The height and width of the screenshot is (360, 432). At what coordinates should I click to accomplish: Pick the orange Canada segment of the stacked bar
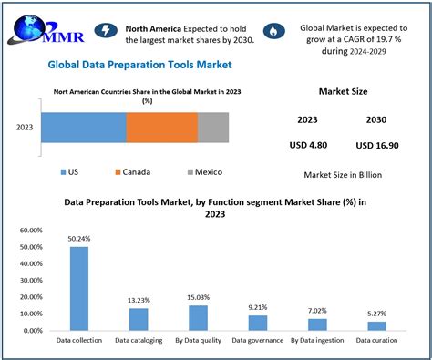(x=161, y=128)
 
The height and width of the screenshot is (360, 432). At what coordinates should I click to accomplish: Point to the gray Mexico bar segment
(x=212, y=128)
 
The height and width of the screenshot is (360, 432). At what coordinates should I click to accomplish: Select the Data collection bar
(x=79, y=287)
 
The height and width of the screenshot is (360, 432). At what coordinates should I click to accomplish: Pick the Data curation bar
(x=376, y=325)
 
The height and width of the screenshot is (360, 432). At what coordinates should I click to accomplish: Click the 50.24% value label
(x=79, y=239)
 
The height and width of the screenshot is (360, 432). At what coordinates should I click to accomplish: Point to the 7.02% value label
(x=317, y=310)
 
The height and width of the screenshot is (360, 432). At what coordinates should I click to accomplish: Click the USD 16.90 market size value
(x=376, y=145)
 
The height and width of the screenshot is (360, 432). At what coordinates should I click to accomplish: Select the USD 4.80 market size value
(x=308, y=145)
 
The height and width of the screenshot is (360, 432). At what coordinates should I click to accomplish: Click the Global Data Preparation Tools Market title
(x=139, y=65)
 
